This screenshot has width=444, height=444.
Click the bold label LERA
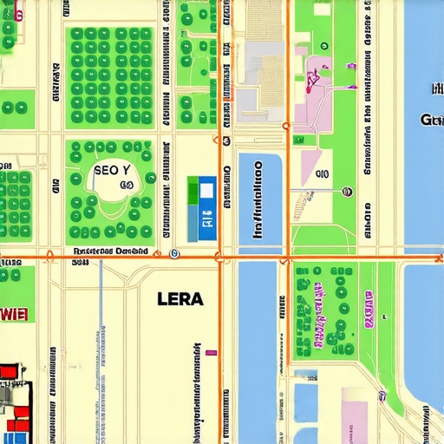180,299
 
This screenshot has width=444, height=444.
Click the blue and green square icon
202,209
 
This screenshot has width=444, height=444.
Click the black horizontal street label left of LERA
110,251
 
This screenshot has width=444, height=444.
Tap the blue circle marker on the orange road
174,254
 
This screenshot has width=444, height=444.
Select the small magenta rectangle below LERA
211,352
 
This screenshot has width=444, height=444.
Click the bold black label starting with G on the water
431,119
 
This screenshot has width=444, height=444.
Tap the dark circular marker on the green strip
347,191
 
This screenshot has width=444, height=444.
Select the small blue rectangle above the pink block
305,375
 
